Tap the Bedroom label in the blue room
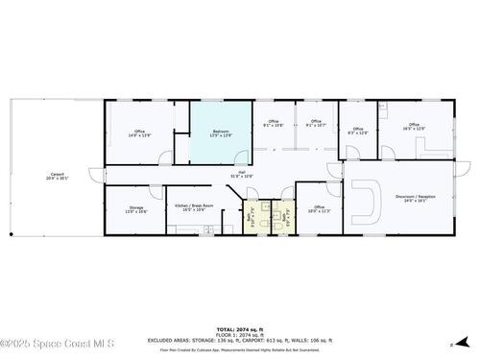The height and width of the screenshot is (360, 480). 221,133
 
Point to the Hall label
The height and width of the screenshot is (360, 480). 242,174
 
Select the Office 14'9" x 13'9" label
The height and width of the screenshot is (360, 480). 139,133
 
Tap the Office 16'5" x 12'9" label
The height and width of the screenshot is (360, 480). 414,126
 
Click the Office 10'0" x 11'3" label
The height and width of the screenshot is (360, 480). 319,208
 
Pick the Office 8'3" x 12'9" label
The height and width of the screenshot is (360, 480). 357,131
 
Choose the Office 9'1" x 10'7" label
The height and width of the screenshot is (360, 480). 316,123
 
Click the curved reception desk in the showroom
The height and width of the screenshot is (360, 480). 368,203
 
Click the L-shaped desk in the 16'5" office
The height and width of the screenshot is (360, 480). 423,146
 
